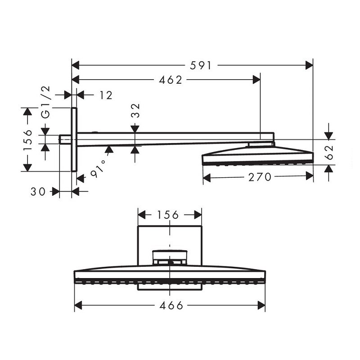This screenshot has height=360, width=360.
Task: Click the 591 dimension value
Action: pos(200,66)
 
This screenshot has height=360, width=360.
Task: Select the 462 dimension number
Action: pos(171,80)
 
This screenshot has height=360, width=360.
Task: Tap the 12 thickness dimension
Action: pos(106,95)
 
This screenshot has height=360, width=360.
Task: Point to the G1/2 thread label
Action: pos(46,102)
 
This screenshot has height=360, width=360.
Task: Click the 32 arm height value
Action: pos(136,110)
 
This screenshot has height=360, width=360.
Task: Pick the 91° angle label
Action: pos(99,168)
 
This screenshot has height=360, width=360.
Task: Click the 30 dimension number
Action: pos(38,192)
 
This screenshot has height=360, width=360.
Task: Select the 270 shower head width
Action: pos(260,177)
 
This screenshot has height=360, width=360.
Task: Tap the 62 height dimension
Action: pos(329,152)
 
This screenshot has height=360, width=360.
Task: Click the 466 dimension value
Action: pos(171,306)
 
